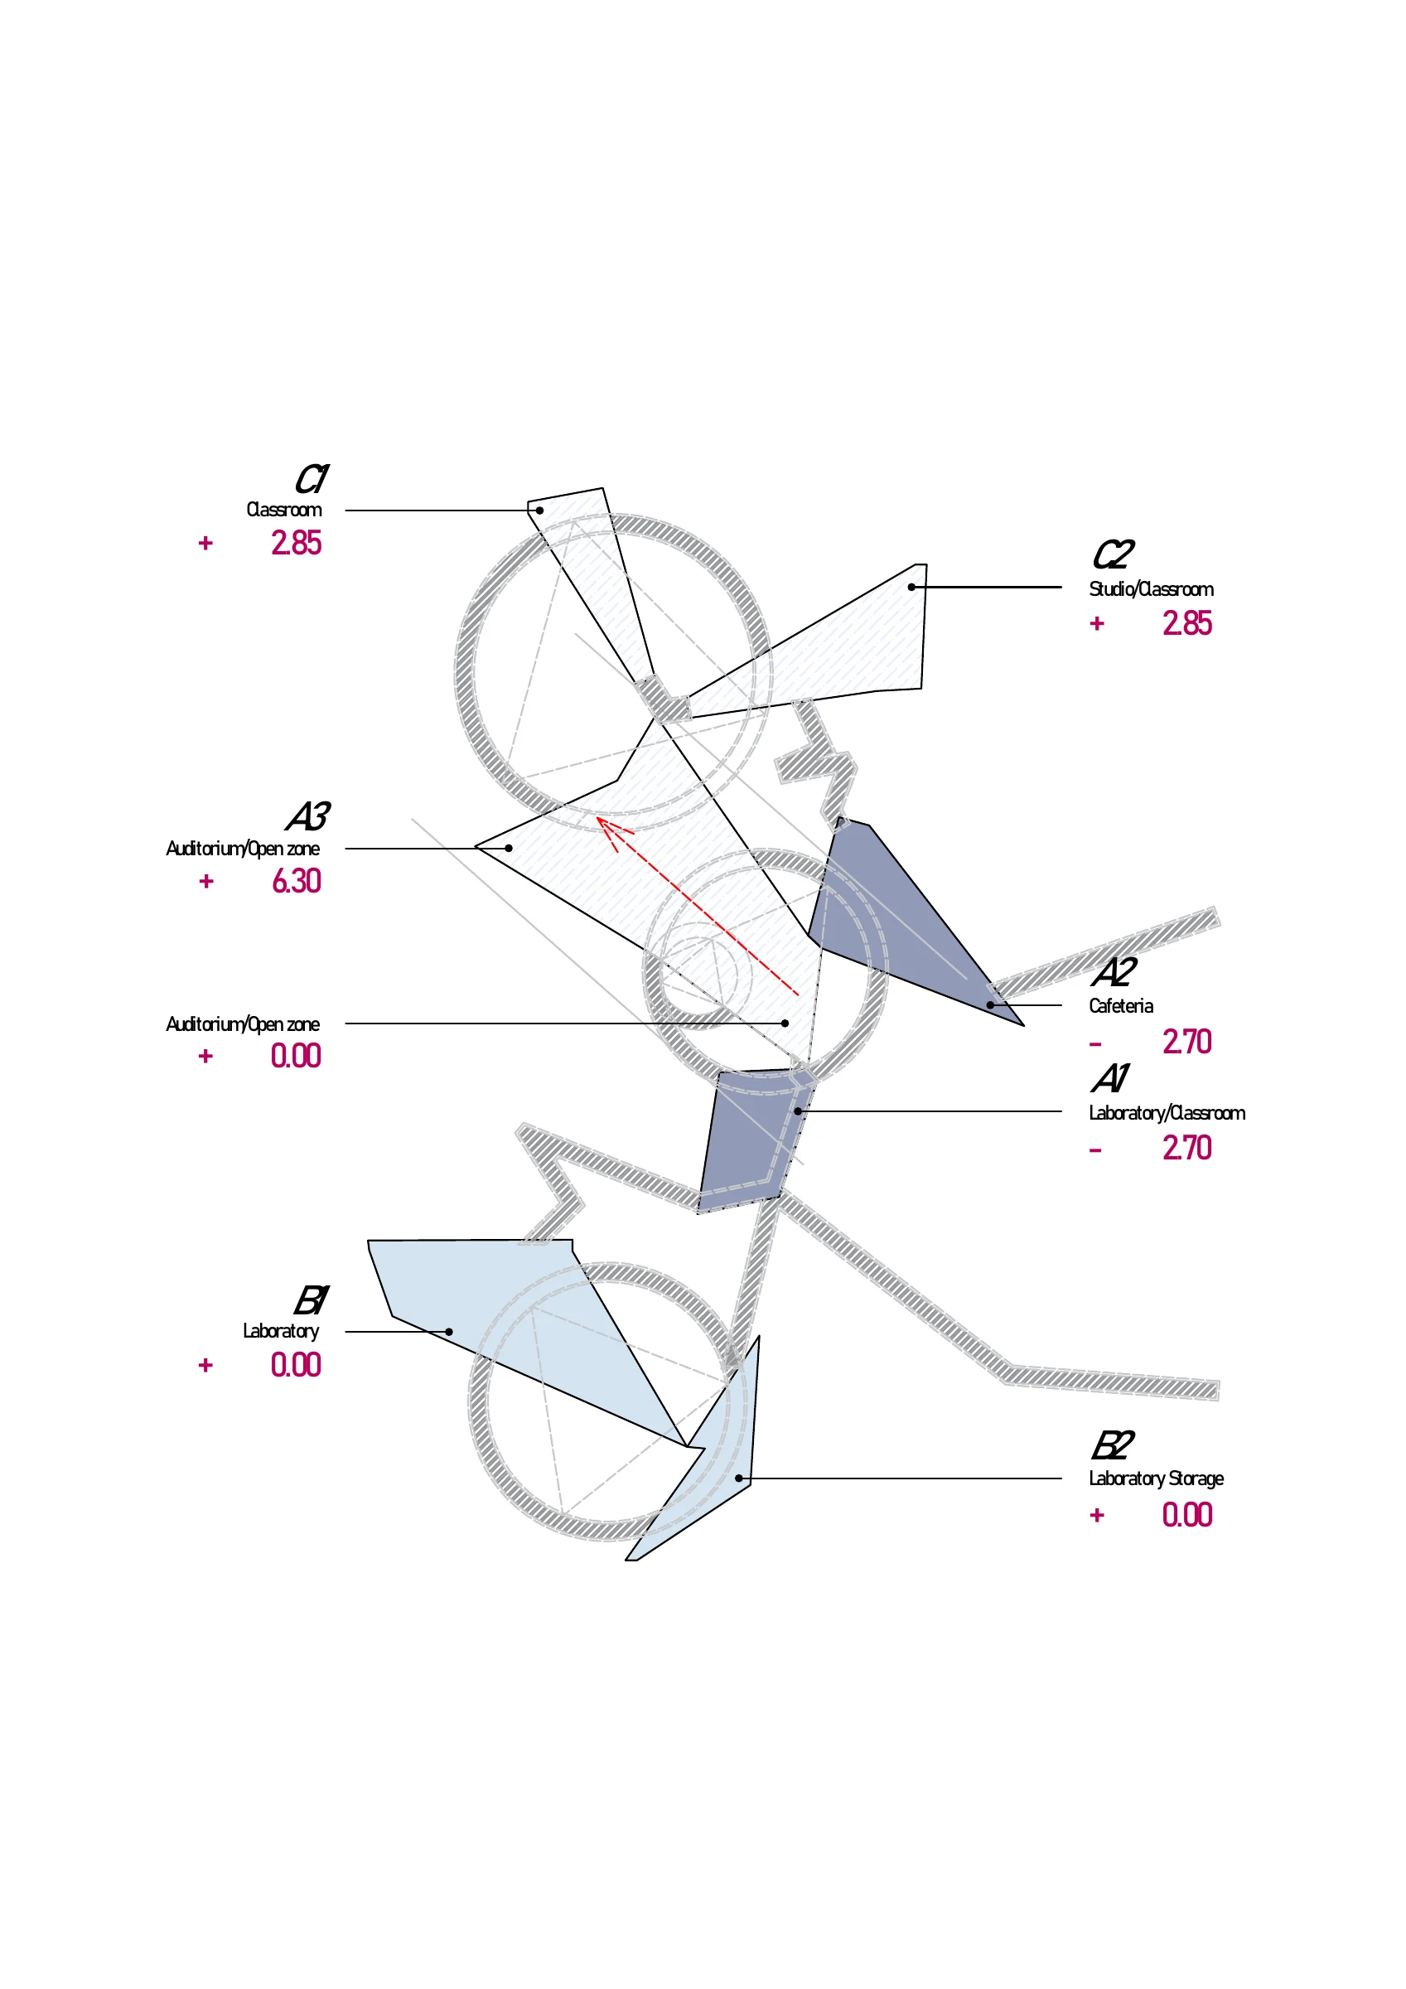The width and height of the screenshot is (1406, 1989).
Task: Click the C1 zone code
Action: [x=311, y=478]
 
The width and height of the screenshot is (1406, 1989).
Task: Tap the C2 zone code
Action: [x=1114, y=554]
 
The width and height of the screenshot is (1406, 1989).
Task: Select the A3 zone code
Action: [x=307, y=816]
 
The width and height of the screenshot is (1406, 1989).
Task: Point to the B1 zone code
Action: [x=311, y=1300]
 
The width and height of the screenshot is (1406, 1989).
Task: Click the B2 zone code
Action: [x=1114, y=1446]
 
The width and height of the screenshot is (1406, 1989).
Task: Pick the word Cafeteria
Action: [x=1121, y=1006]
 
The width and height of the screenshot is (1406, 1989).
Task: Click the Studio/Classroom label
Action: [x=1152, y=589]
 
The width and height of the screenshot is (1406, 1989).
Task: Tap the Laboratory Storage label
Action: [x=1157, y=1478]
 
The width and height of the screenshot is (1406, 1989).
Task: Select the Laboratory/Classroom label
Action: [x=1167, y=1113]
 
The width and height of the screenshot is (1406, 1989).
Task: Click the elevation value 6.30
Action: [x=297, y=881]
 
